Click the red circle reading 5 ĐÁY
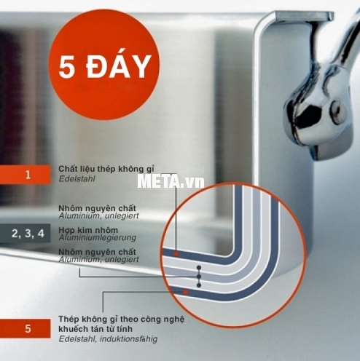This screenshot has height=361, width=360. tap(104, 65)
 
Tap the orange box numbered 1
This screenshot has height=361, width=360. tap(25, 175)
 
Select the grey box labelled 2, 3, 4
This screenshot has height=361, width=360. tap(25, 234)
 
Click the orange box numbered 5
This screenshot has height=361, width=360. tap(25, 329)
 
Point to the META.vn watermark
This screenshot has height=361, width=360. tap(171, 181)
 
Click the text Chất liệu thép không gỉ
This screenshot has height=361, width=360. tap(106, 169)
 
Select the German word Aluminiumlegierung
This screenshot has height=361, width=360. tap(97, 237)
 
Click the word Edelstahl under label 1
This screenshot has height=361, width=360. tap(77, 179)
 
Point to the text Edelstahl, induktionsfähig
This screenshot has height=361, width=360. tap(108, 339)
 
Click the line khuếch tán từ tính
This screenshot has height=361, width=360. tap(95, 329)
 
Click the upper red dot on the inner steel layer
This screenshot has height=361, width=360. tap(176, 254)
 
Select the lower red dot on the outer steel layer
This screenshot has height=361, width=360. tap(186, 292)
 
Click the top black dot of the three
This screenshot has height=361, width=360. tap(199, 268)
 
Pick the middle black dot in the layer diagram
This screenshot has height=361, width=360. tap(199, 277)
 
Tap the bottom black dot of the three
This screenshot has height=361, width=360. tap(199, 285)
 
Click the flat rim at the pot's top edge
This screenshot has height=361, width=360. tap(305, 16)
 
